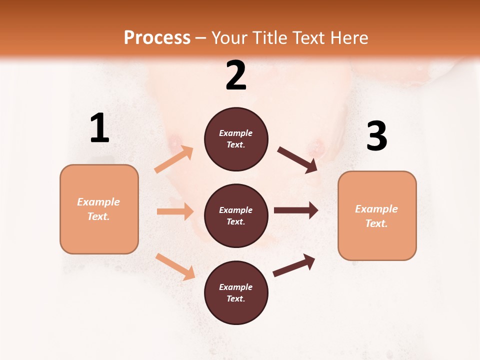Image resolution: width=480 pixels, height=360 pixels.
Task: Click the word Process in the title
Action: (157, 38)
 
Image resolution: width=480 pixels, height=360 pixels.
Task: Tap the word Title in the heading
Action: (270, 38)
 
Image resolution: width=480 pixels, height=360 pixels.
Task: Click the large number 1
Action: (99, 128)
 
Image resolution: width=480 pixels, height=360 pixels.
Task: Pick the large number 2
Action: (236, 75)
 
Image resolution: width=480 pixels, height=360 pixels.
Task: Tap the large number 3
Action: (376, 136)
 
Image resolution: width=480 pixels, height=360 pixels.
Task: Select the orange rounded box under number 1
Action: (99, 209)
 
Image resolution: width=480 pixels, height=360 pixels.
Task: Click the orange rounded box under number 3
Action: (377, 216)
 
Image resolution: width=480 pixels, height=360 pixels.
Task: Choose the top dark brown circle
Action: (236, 139)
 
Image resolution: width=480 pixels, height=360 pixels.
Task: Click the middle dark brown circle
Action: (236, 216)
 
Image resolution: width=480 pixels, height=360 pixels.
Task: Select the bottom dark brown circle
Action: (236, 293)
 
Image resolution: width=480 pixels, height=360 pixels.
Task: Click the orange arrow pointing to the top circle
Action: (174, 159)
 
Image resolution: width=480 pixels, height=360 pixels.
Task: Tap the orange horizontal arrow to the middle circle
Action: (175, 211)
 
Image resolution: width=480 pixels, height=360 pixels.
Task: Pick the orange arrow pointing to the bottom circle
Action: (175, 266)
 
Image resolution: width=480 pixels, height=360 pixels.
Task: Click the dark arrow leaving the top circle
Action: (297, 160)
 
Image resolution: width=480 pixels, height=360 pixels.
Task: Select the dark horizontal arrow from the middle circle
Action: (296, 210)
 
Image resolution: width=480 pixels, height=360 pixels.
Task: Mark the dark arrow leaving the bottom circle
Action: (294, 265)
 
